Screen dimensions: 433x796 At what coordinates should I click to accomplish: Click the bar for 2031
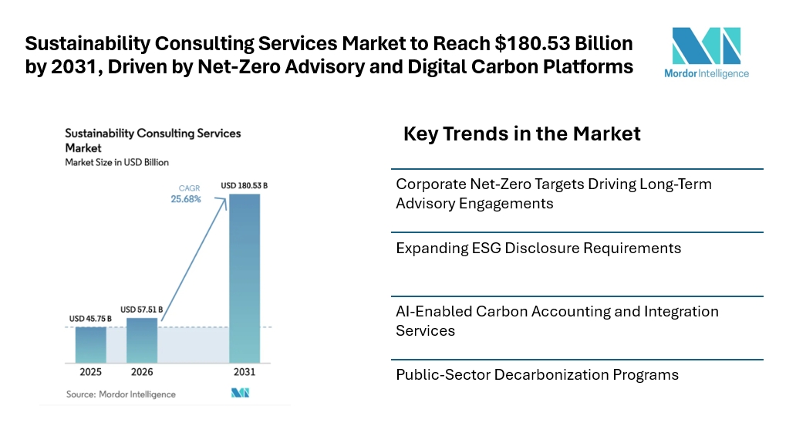coord(244,278)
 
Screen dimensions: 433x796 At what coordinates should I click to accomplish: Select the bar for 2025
coord(90,344)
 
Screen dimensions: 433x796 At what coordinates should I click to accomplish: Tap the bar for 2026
coord(142,340)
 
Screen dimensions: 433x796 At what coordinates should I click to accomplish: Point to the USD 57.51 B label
coord(142,310)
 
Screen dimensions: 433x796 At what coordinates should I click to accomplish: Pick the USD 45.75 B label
coord(90,318)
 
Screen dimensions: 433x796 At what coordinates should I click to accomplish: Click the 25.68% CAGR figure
coord(186,199)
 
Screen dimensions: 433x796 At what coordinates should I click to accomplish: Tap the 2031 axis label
coord(244,372)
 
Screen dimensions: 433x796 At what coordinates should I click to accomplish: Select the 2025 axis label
coord(90,372)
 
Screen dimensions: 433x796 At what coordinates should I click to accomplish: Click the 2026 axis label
coord(142,372)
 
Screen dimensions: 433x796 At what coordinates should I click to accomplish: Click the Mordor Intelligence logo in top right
coord(707,52)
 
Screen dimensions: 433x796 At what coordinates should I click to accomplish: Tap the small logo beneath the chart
coord(241,394)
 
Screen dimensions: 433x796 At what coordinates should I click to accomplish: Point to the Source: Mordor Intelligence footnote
coord(120,394)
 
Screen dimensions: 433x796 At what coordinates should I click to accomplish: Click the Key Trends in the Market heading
coord(521,134)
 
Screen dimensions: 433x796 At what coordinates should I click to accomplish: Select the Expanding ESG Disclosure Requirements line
coord(538,249)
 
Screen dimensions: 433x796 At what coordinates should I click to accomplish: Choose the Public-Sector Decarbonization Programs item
coord(537,375)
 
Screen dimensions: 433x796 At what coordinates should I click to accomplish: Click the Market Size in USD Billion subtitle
coord(116,163)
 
